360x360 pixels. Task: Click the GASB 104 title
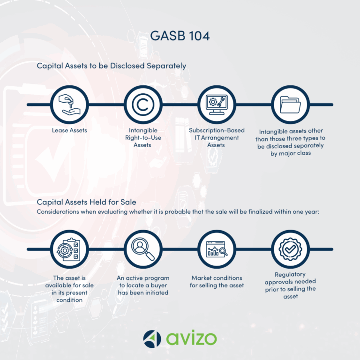click(x=180, y=36)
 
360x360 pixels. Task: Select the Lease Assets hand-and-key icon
click(x=69, y=105)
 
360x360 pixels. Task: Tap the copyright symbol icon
click(x=143, y=105)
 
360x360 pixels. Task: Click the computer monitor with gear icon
click(x=217, y=105)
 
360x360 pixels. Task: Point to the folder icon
click(x=290, y=105)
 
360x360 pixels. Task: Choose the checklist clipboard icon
click(x=69, y=249)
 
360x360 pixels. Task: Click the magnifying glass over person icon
click(x=143, y=249)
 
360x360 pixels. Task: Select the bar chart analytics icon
click(x=217, y=249)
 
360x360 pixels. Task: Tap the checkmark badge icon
click(x=290, y=249)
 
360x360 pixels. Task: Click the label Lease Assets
click(x=69, y=130)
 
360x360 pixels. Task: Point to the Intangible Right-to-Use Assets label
click(x=143, y=138)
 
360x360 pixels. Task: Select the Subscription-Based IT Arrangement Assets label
click(x=217, y=138)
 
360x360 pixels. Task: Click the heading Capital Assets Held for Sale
click(x=86, y=202)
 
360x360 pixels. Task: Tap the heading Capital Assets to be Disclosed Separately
click(x=112, y=66)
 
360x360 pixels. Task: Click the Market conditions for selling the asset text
click(x=217, y=282)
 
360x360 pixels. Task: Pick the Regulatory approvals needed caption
click(x=290, y=285)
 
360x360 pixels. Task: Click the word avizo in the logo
click(x=191, y=338)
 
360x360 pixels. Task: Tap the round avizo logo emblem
click(x=152, y=338)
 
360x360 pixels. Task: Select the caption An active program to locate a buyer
click(x=143, y=285)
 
